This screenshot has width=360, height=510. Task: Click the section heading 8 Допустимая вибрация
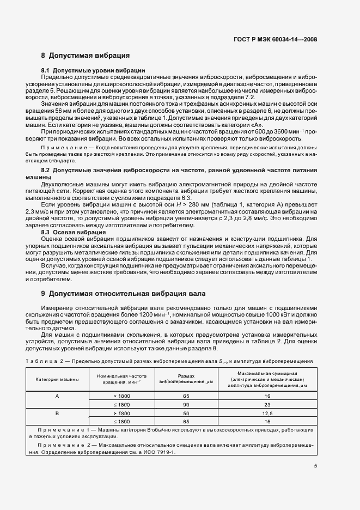point(85,56)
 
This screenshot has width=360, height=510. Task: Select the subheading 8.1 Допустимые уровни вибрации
point(93,71)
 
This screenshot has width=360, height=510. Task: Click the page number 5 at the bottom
point(315,465)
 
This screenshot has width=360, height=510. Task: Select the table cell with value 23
point(267,405)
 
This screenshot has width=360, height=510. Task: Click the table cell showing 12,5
point(267,414)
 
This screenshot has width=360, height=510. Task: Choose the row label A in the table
point(57,396)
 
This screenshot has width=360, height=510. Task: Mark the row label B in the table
point(57,414)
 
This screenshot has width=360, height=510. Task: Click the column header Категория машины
point(57,379)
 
